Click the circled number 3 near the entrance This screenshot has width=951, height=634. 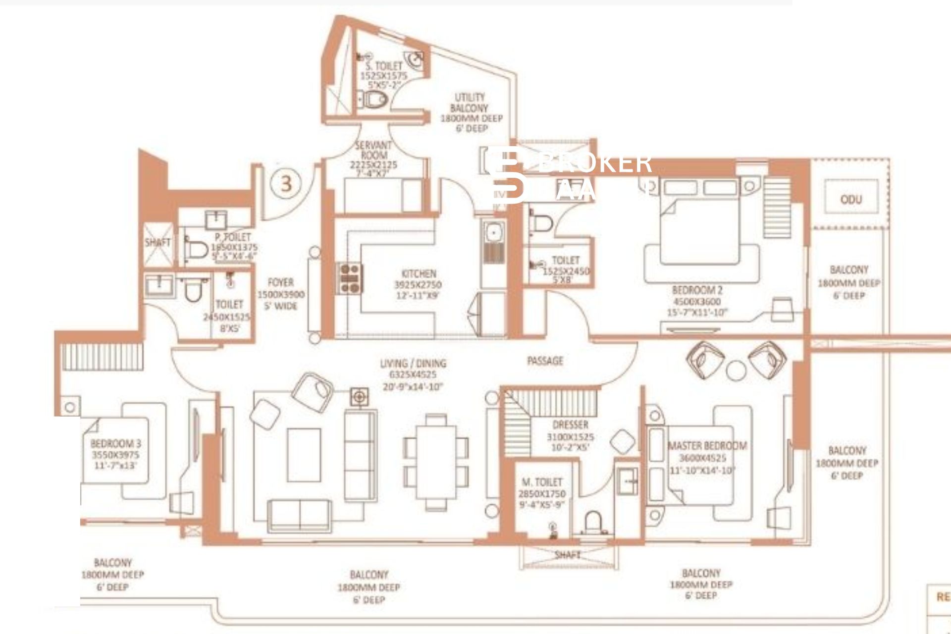tap(286, 184)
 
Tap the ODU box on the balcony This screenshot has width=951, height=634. tap(851, 199)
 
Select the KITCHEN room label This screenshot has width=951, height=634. tap(419, 274)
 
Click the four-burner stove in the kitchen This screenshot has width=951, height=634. tap(350, 278)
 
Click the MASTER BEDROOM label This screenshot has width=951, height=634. tap(707, 446)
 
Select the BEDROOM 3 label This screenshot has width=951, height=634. tap(115, 444)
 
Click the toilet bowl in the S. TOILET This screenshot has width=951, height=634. tap(375, 99)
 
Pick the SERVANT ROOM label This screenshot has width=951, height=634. tap(373, 151)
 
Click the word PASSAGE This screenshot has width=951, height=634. tap(545, 361)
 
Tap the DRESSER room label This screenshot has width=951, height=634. tap(570, 425)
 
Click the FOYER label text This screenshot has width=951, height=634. tap(280, 283)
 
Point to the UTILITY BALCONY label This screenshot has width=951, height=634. tap(470, 103)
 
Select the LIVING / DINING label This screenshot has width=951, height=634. tap(413, 364)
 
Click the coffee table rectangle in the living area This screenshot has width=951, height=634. tap(304, 455)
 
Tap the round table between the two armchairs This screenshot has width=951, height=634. tap(736, 370)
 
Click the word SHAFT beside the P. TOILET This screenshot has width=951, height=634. tap(158, 242)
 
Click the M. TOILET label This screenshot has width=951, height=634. tap(542, 482)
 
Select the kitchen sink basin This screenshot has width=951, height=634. tap(493, 232)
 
